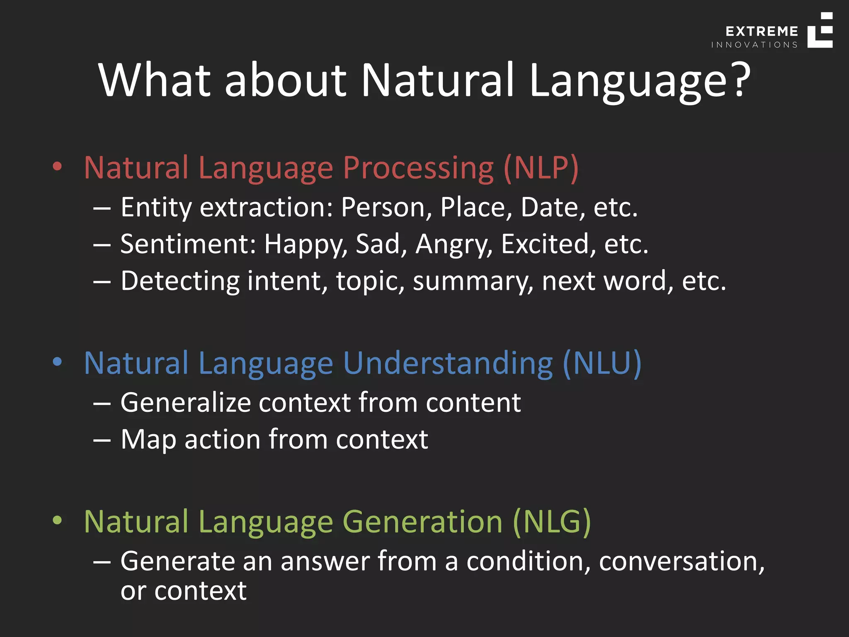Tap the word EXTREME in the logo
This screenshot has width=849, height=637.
[x=762, y=32]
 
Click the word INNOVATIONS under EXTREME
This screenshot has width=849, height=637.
[x=754, y=45]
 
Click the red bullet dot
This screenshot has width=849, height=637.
[x=57, y=167]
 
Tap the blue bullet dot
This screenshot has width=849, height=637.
[x=57, y=362]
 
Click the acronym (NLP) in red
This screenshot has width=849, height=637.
[x=541, y=168]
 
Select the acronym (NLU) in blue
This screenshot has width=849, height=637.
[x=602, y=363]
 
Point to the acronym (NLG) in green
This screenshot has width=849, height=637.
[x=551, y=522]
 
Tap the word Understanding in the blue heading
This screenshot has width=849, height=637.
[x=448, y=363]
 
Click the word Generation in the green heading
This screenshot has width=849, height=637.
[x=422, y=522]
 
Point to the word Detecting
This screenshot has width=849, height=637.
[x=180, y=281]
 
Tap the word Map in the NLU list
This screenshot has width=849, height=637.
[x=148, y=440]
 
